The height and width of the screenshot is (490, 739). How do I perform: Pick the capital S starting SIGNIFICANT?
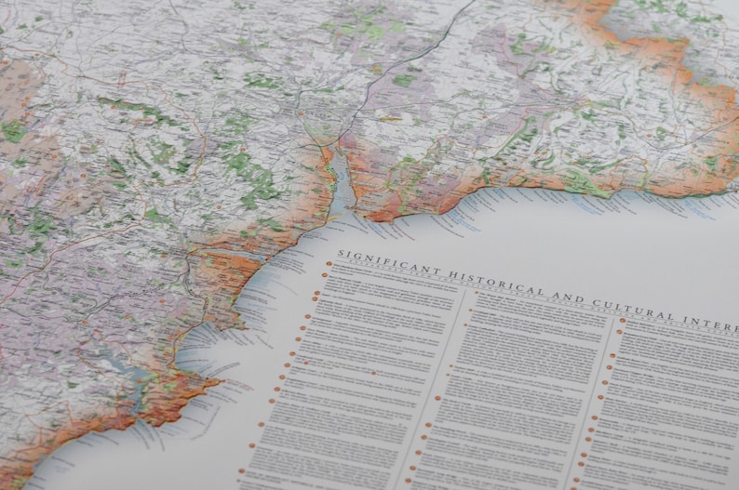click(341, 254)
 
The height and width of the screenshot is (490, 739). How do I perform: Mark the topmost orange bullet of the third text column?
click(621, 321)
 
